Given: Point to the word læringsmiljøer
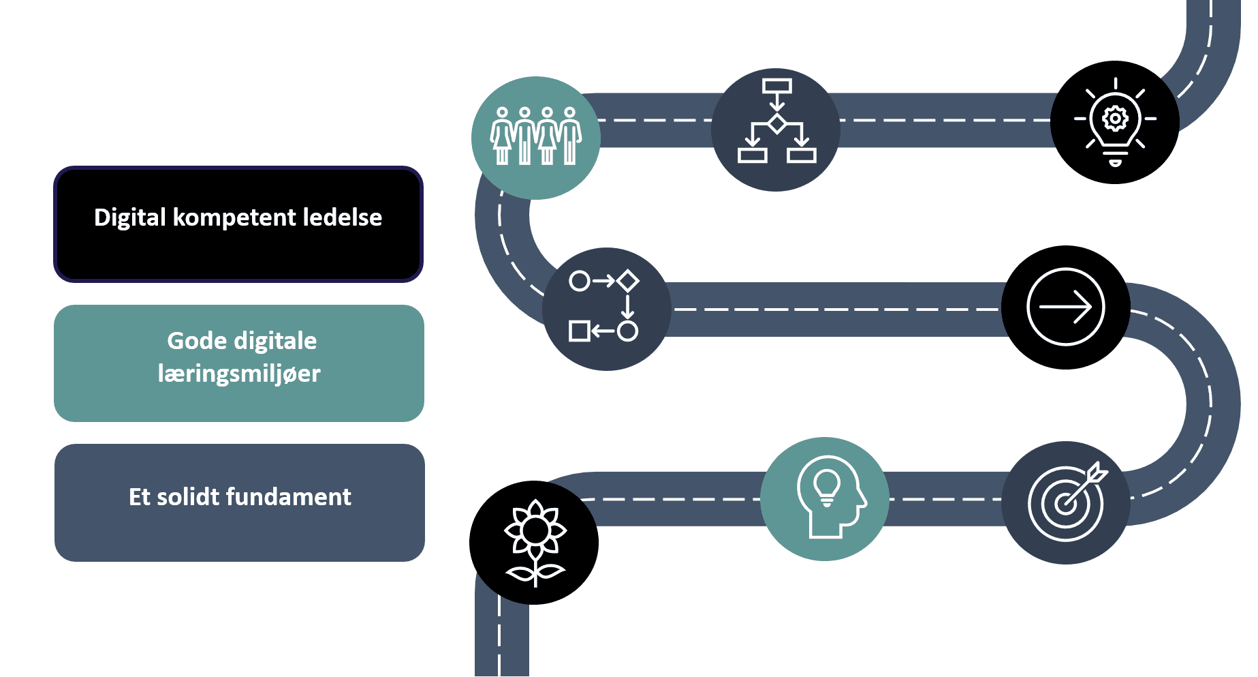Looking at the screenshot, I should coord(238,374).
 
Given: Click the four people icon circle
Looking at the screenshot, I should coord(535,138).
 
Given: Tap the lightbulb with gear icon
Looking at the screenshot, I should coord(1115,123).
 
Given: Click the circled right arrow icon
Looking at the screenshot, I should coord(1065,307).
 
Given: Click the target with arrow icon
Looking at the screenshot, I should coord(1065,502).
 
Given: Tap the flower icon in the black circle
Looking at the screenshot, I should coord(534,543).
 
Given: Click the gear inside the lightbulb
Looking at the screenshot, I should coord(1115,119).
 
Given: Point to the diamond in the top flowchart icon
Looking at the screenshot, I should coord(776,124).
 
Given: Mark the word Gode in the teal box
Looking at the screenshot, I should coord(187,341).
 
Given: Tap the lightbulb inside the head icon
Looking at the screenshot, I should coord(826,485).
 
